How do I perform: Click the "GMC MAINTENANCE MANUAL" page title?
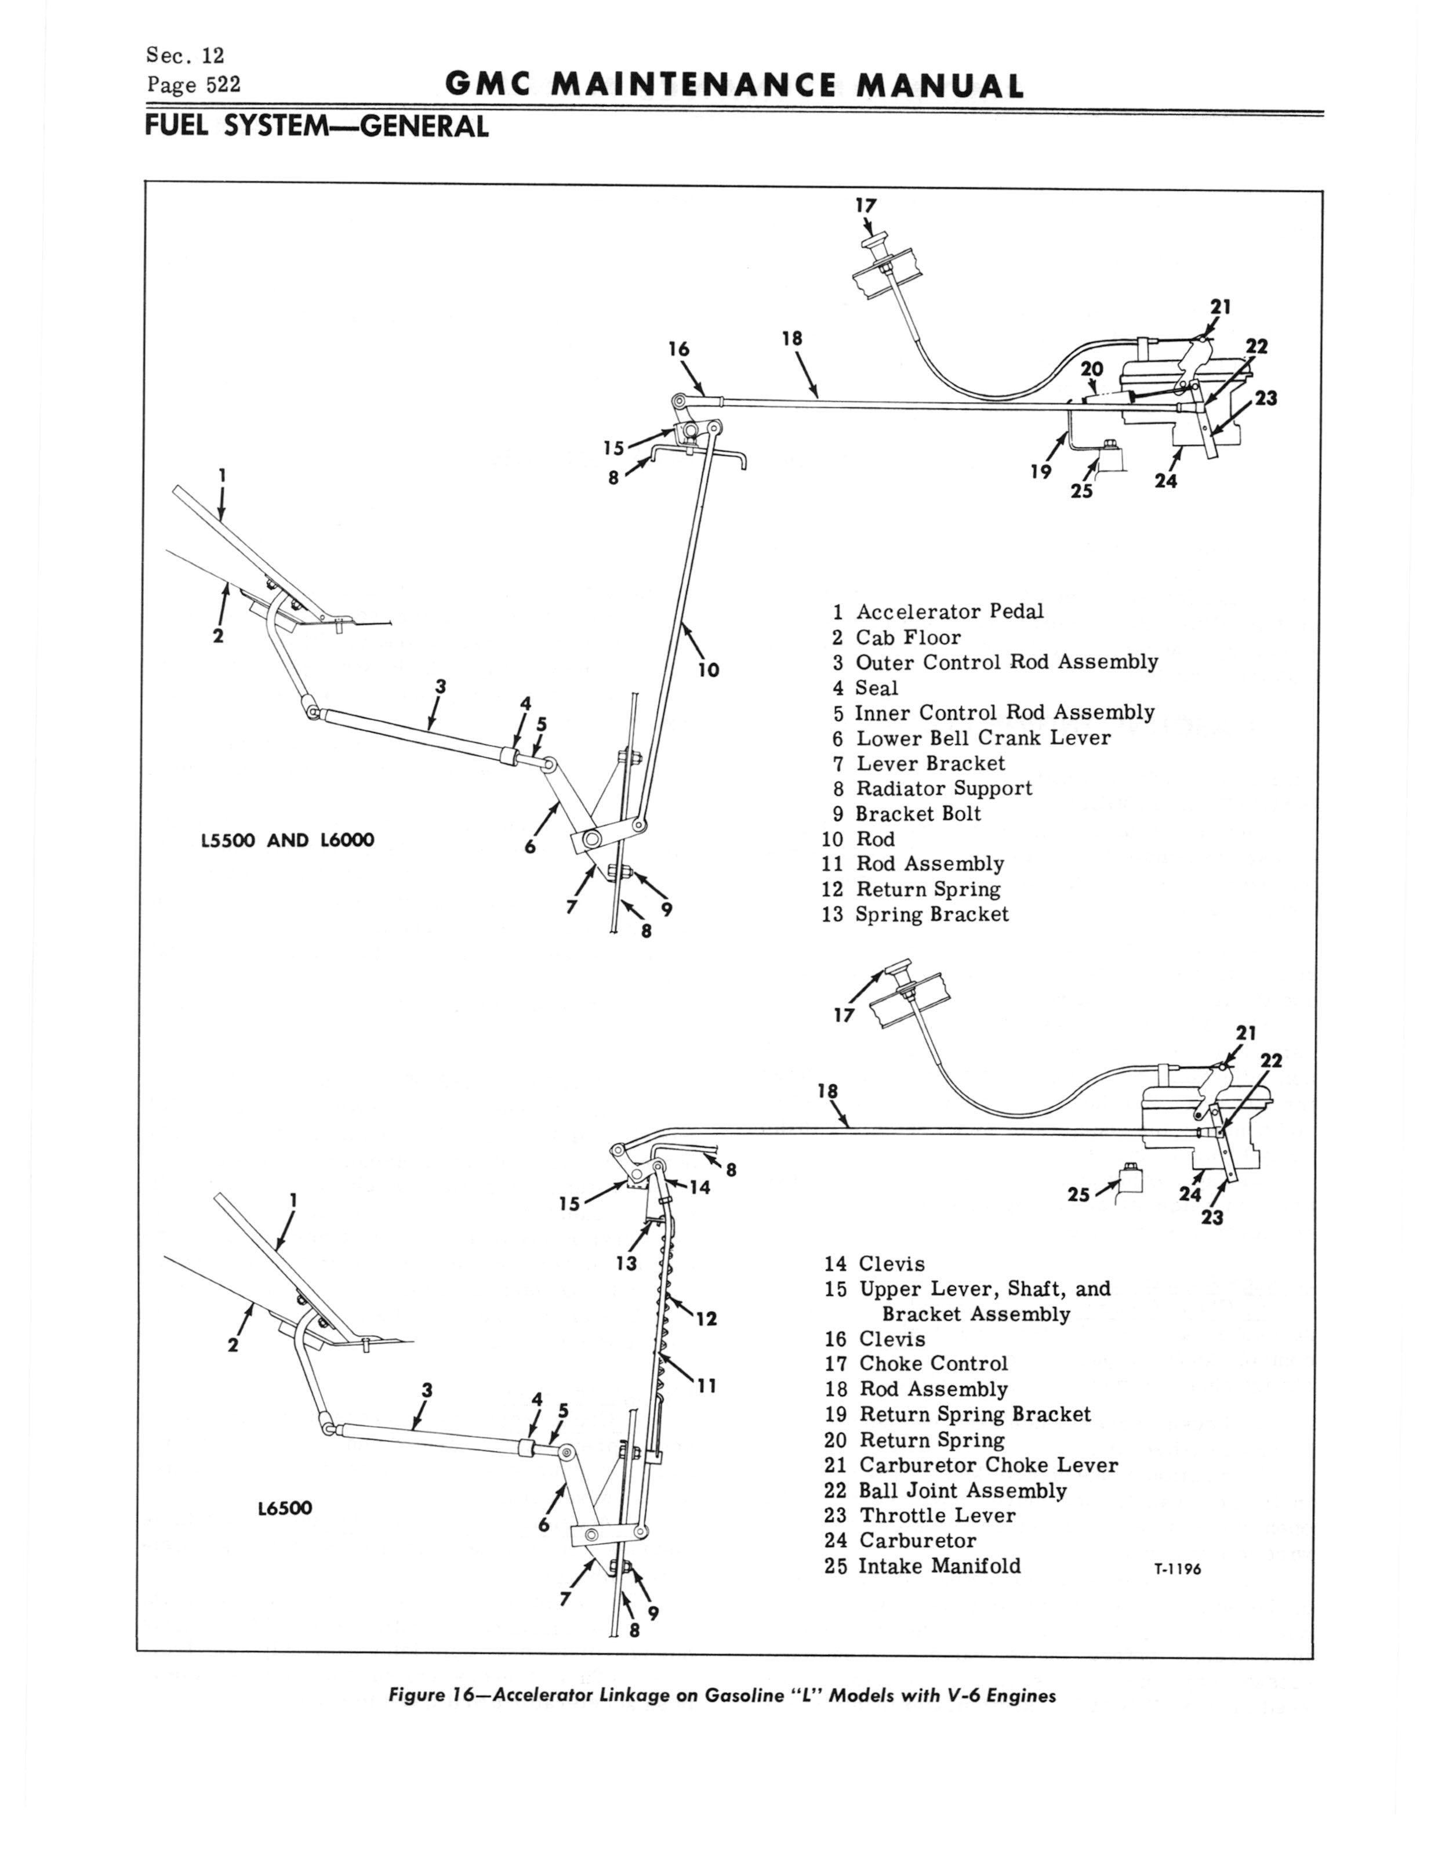pos(735,86)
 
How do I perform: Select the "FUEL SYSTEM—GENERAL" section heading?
pos(317,126)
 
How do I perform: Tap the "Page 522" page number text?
pos(194,85)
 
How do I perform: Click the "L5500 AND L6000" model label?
pos(288,840)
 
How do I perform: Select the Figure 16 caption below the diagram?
pos(721,1695)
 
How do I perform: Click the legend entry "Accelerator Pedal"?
pos(949,611)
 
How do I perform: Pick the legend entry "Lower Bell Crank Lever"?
pos(983,738)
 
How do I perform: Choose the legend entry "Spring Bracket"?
pos(931,914)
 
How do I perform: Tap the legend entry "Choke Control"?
pos(933,1364)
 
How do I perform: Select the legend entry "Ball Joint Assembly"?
pos(962,1490)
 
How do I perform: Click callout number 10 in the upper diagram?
pos(709,671)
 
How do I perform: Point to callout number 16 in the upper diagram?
pos(679,349)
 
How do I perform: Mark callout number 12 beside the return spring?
pos(706,1318)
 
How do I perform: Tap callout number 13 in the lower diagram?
pos(627,1263)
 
